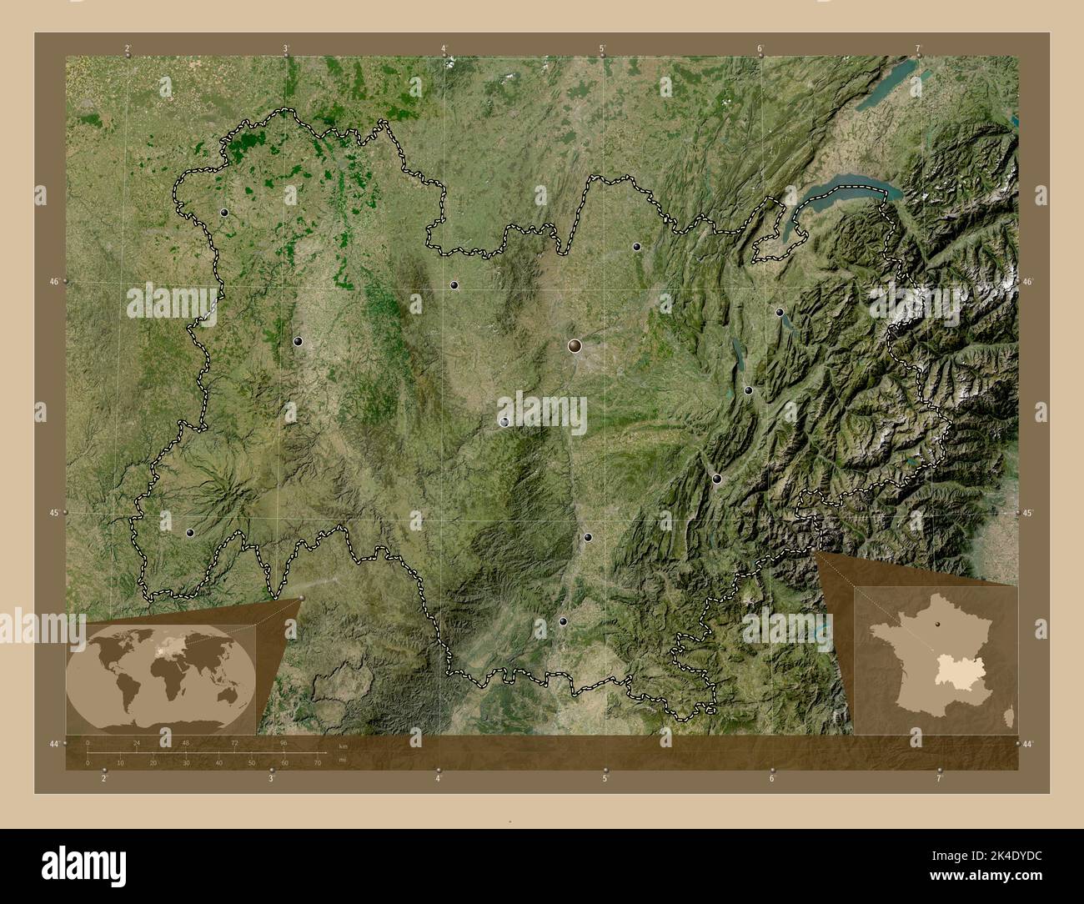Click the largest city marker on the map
click(575, 345)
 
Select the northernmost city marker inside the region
click(224, 213)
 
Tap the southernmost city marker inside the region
click(563, 621)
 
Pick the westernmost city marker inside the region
click(190, 532)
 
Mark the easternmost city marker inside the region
click(780, 312)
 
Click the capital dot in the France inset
click(938, 623)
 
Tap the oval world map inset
click(162, 674)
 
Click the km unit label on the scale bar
click(342, 746)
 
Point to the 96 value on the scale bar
click(284, 742)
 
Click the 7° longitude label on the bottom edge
click(939, 779)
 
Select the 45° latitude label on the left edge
click(53, 513)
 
